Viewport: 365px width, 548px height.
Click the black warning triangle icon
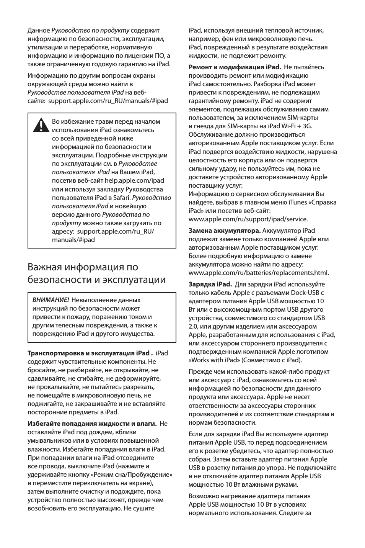point(39,124)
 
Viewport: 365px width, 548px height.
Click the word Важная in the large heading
point(44,267)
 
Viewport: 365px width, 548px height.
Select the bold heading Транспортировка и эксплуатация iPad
point(90,353)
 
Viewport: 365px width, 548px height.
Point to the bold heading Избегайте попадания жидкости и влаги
point(92,424)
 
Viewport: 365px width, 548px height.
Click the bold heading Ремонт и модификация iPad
point(235,67)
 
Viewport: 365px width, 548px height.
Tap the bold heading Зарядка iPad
point(210,284)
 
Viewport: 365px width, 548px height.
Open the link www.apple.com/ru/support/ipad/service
point(248,219)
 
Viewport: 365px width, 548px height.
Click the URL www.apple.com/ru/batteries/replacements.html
point(259,273)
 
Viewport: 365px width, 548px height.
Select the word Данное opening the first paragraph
point(39,30)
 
